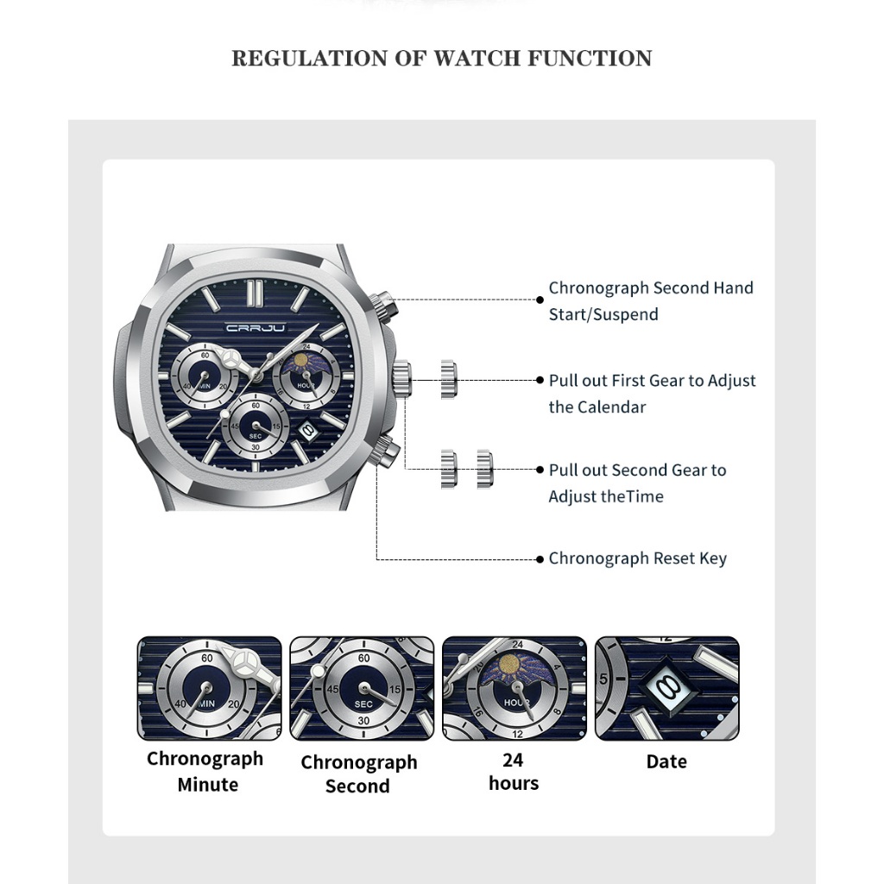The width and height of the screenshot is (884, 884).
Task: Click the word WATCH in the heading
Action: click(x=477, y=59)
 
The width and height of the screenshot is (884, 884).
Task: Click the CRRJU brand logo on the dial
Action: click(x=256, y=327)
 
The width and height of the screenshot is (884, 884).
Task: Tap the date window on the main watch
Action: click(x=308, y=430)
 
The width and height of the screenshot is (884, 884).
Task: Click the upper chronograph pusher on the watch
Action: click(x=384, y=305)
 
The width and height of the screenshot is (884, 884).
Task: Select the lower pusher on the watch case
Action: click(x=385, y=451)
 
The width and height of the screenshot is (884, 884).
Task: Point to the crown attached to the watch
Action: click(x=402, y=380)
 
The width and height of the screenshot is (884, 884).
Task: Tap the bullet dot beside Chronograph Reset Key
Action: click(x=540, y=559)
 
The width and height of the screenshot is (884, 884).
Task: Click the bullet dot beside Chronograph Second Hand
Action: click(x=540, y=300)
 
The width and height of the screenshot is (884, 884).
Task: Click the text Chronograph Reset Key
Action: click(x=638, y=559)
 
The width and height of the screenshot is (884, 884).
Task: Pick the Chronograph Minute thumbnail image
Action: click(x=209, y=688)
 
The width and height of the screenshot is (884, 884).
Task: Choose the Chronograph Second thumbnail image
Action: click(x=362, y=688)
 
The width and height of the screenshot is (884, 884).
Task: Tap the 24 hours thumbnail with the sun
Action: click(x=515, y=688)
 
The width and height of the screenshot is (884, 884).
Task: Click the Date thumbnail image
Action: click(x=667, y=688)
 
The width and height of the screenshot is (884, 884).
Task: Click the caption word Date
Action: click(x=666, y=761)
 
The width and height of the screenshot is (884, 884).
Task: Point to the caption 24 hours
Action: click(x=514, y=772)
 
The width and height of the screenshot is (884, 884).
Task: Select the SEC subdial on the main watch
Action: click(x=256, y=426)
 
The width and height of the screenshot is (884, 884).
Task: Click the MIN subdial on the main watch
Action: click(x=204, y=376)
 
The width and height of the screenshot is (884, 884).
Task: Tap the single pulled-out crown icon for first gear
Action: click(x=448, y=380)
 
